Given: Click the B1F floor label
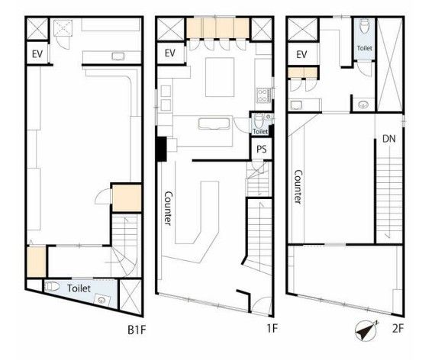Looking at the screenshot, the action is click(x=137, y=329).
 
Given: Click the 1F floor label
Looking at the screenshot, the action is click(x=272, y=328).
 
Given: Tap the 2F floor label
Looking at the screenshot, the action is click(x=398, y=329).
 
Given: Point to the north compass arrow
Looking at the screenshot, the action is click(x=366, y=330).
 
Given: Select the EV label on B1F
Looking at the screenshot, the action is click(x=37, y=54).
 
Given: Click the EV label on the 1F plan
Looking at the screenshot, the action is click(x=170, y=53).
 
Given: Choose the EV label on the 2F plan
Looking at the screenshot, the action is click(x=301, y=55).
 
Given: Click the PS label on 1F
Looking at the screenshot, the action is click(x=262, y=149).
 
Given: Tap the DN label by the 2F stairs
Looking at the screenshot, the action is click(x=389, y=139).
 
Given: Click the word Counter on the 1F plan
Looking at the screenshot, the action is click(x=168, y=208).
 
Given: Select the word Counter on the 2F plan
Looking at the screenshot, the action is click(x=298, y=187).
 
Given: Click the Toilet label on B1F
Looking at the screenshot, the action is click(x=79, y=288).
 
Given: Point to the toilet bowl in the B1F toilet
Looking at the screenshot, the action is click(x=53, y=286).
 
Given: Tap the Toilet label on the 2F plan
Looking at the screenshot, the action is click(x=365, y=48).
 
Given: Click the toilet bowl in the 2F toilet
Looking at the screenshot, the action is click(x=364, y=26).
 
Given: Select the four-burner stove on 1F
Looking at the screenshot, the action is click(x=262, y=96).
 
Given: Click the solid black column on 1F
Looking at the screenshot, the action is click(x=162, y=149).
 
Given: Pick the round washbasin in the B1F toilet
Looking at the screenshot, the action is click(x=101, y=299).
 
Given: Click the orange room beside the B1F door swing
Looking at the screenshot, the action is click(x=127, y=198).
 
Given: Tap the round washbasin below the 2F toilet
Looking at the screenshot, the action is click(x=363, y=104).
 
